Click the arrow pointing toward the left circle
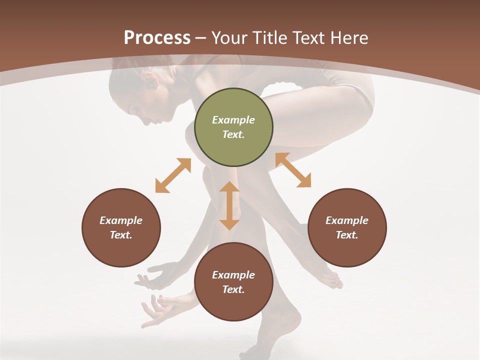click(x=173, y=175)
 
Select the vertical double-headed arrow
click(x=229, y=205)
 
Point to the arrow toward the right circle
click(x=293, y=170)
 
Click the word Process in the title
click(x=157, y=37)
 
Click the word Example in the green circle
click(x=233, y=120)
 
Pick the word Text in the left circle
click(x=121, y=235)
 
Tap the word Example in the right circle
click(x=347, y=220)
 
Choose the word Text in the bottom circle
click(x=233, y=289)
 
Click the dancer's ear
click(x=149, y=80)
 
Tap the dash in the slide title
click(x=201, y=37)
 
